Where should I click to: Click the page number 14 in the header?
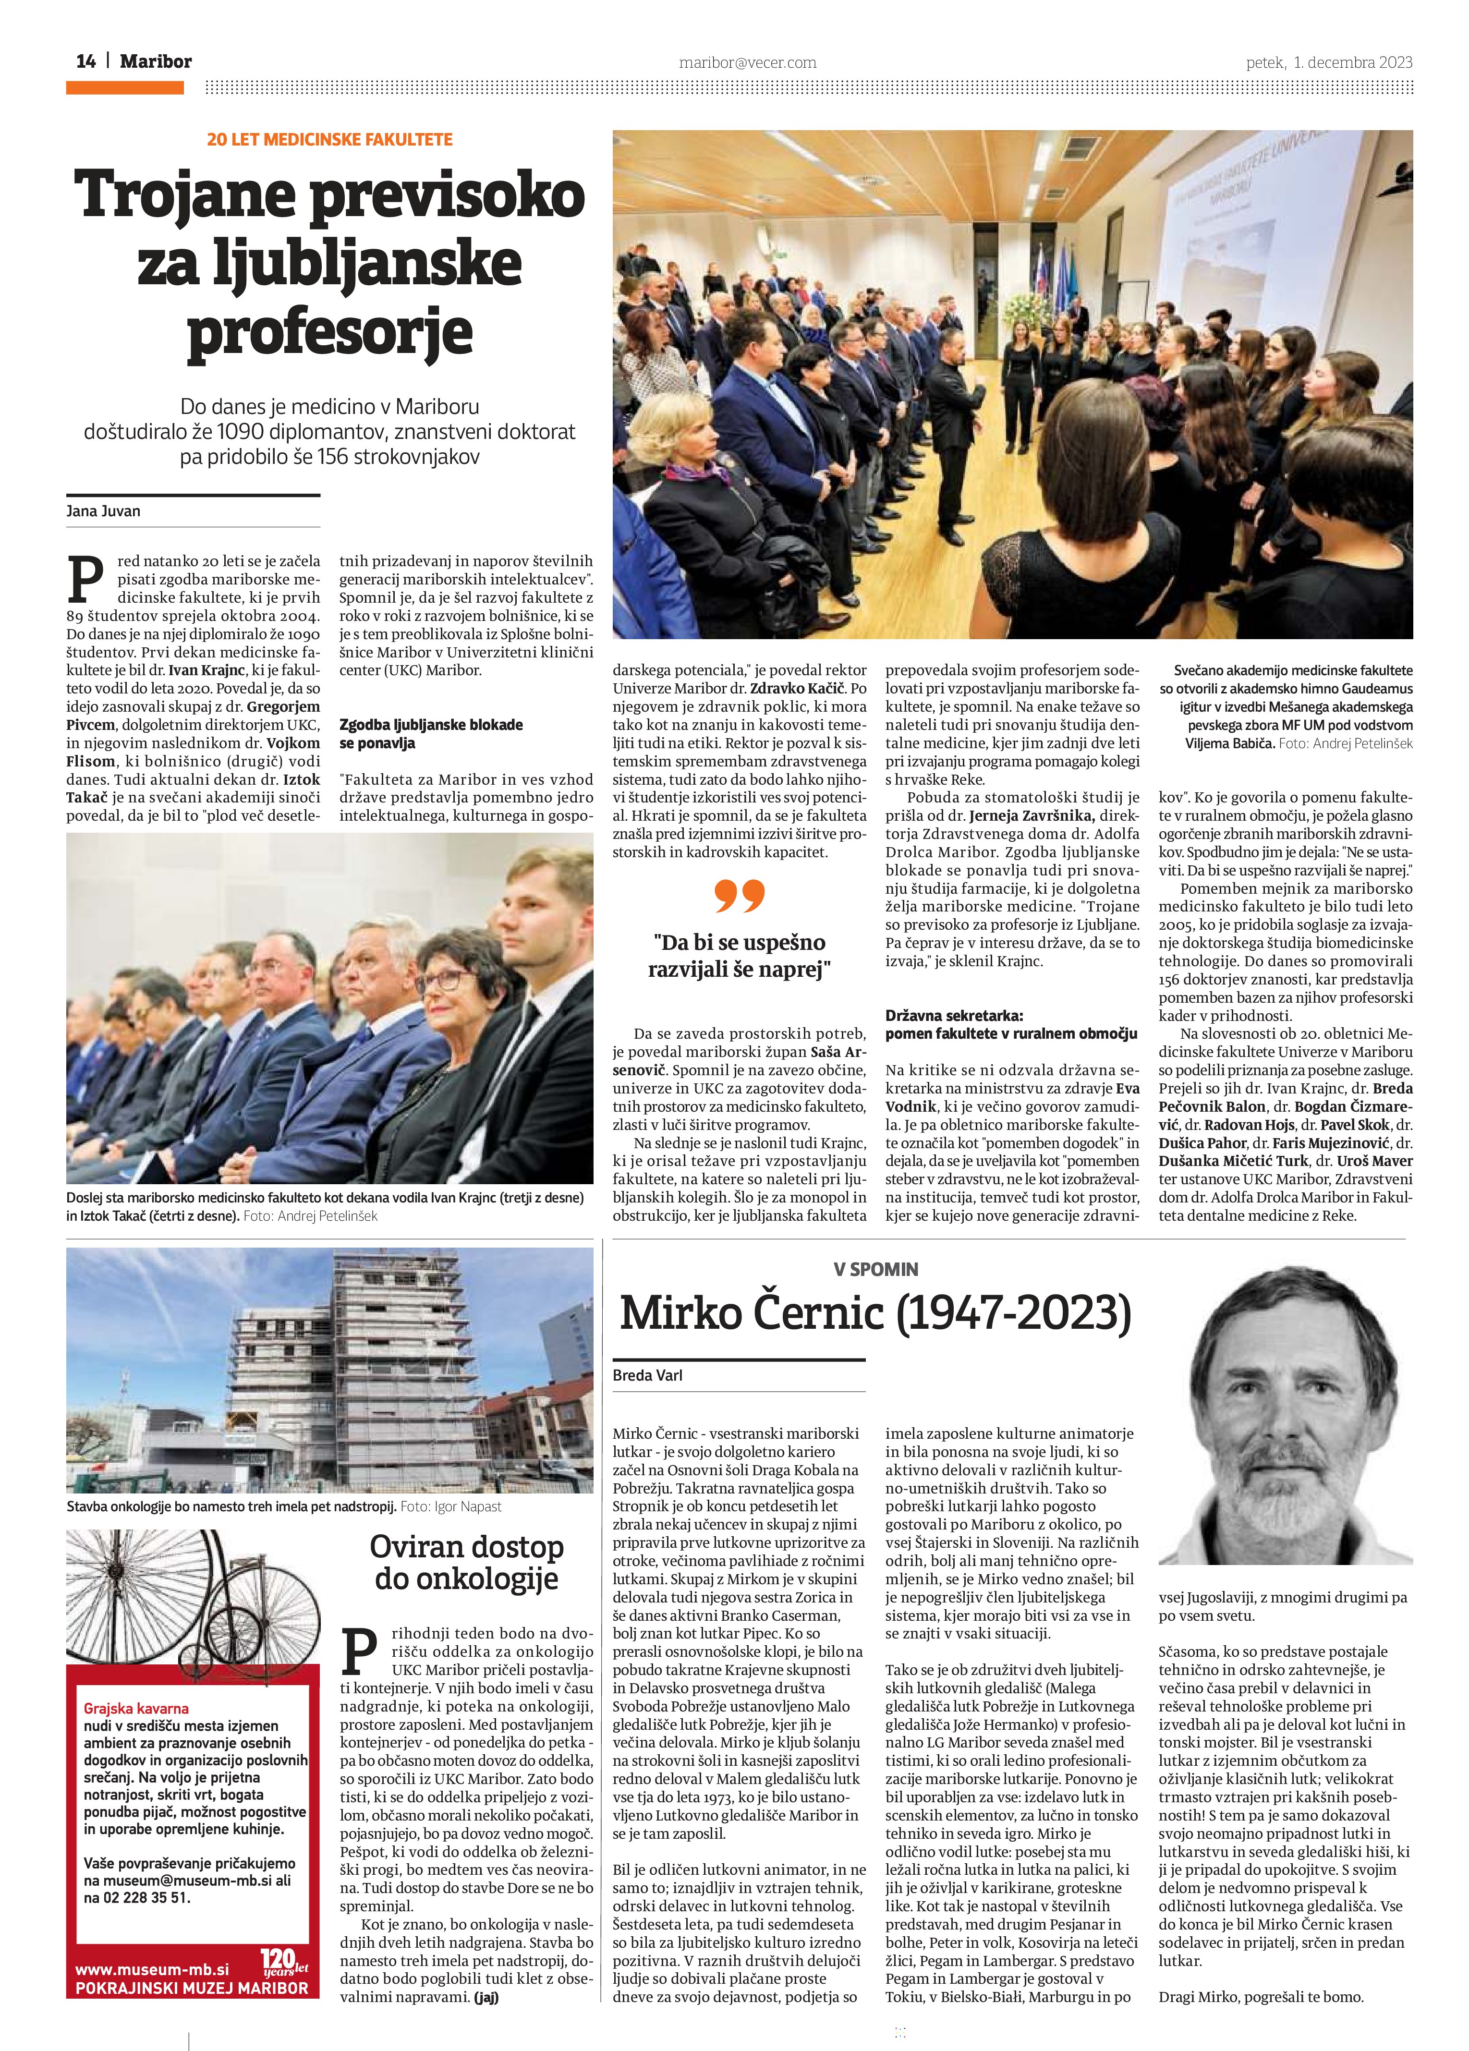click(x=86, y=61)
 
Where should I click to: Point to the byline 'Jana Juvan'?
click(x=103, y=511)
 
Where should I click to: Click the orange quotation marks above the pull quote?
click(x=739, y=895)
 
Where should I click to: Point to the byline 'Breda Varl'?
click(x=648, y=1375)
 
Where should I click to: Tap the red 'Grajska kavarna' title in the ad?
click(x=136, y=1708)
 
